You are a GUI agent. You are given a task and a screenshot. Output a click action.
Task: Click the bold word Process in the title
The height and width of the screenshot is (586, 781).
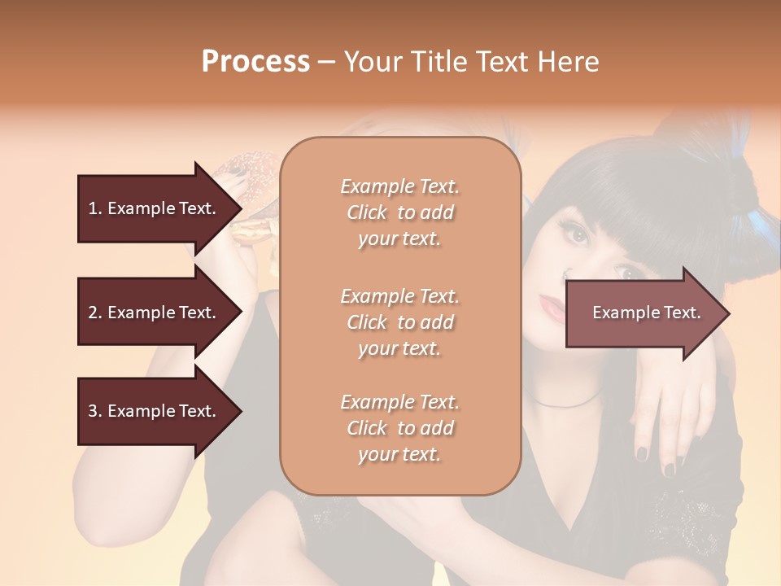pos(255,62)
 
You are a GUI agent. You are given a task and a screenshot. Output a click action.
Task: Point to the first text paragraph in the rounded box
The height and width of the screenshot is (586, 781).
pos(399,212)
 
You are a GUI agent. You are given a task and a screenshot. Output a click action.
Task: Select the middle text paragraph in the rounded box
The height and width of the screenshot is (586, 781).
pos(399,322)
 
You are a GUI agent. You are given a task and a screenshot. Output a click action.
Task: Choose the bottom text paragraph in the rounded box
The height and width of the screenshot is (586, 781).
pos(399,428)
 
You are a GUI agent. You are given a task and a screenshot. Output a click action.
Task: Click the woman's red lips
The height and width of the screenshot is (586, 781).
pos(552,308)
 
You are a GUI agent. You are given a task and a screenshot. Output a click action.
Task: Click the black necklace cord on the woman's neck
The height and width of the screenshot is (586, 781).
pos(561,401)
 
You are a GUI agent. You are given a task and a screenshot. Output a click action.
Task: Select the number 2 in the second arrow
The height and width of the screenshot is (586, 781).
pos(92,313)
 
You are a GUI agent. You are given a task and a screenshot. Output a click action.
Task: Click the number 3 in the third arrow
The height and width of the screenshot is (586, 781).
pos(92,411)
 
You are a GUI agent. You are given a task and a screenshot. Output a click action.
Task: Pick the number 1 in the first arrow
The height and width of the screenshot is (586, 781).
pos(92,208)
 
